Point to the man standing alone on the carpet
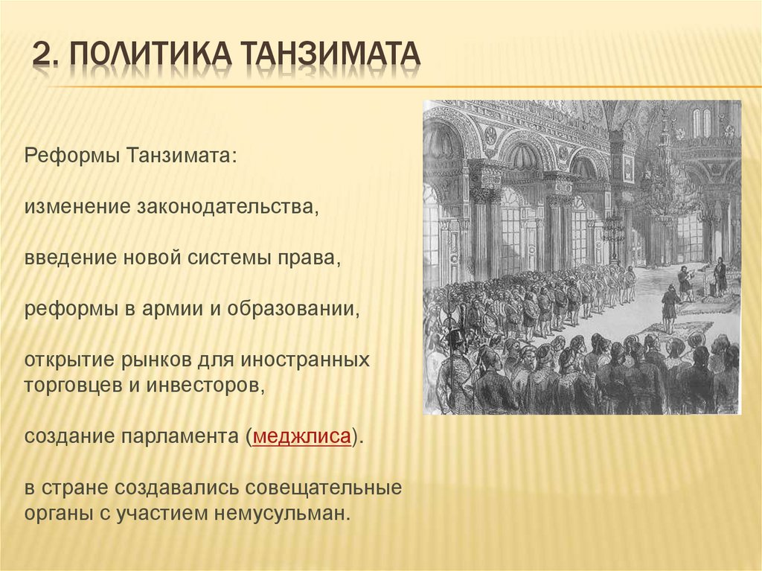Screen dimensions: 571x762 [x=670, y=305]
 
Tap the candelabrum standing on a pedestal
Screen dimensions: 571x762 [x=613, y=231]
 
